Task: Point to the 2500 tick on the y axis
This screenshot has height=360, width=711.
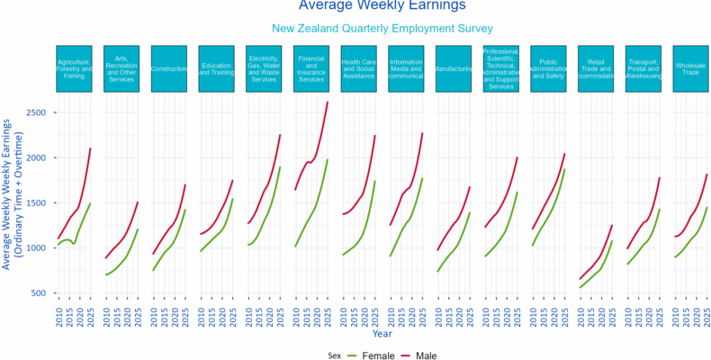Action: pos(37,112)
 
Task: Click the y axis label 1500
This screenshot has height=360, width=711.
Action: pos(37,203)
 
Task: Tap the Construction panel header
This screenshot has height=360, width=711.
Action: pos(175,68)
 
